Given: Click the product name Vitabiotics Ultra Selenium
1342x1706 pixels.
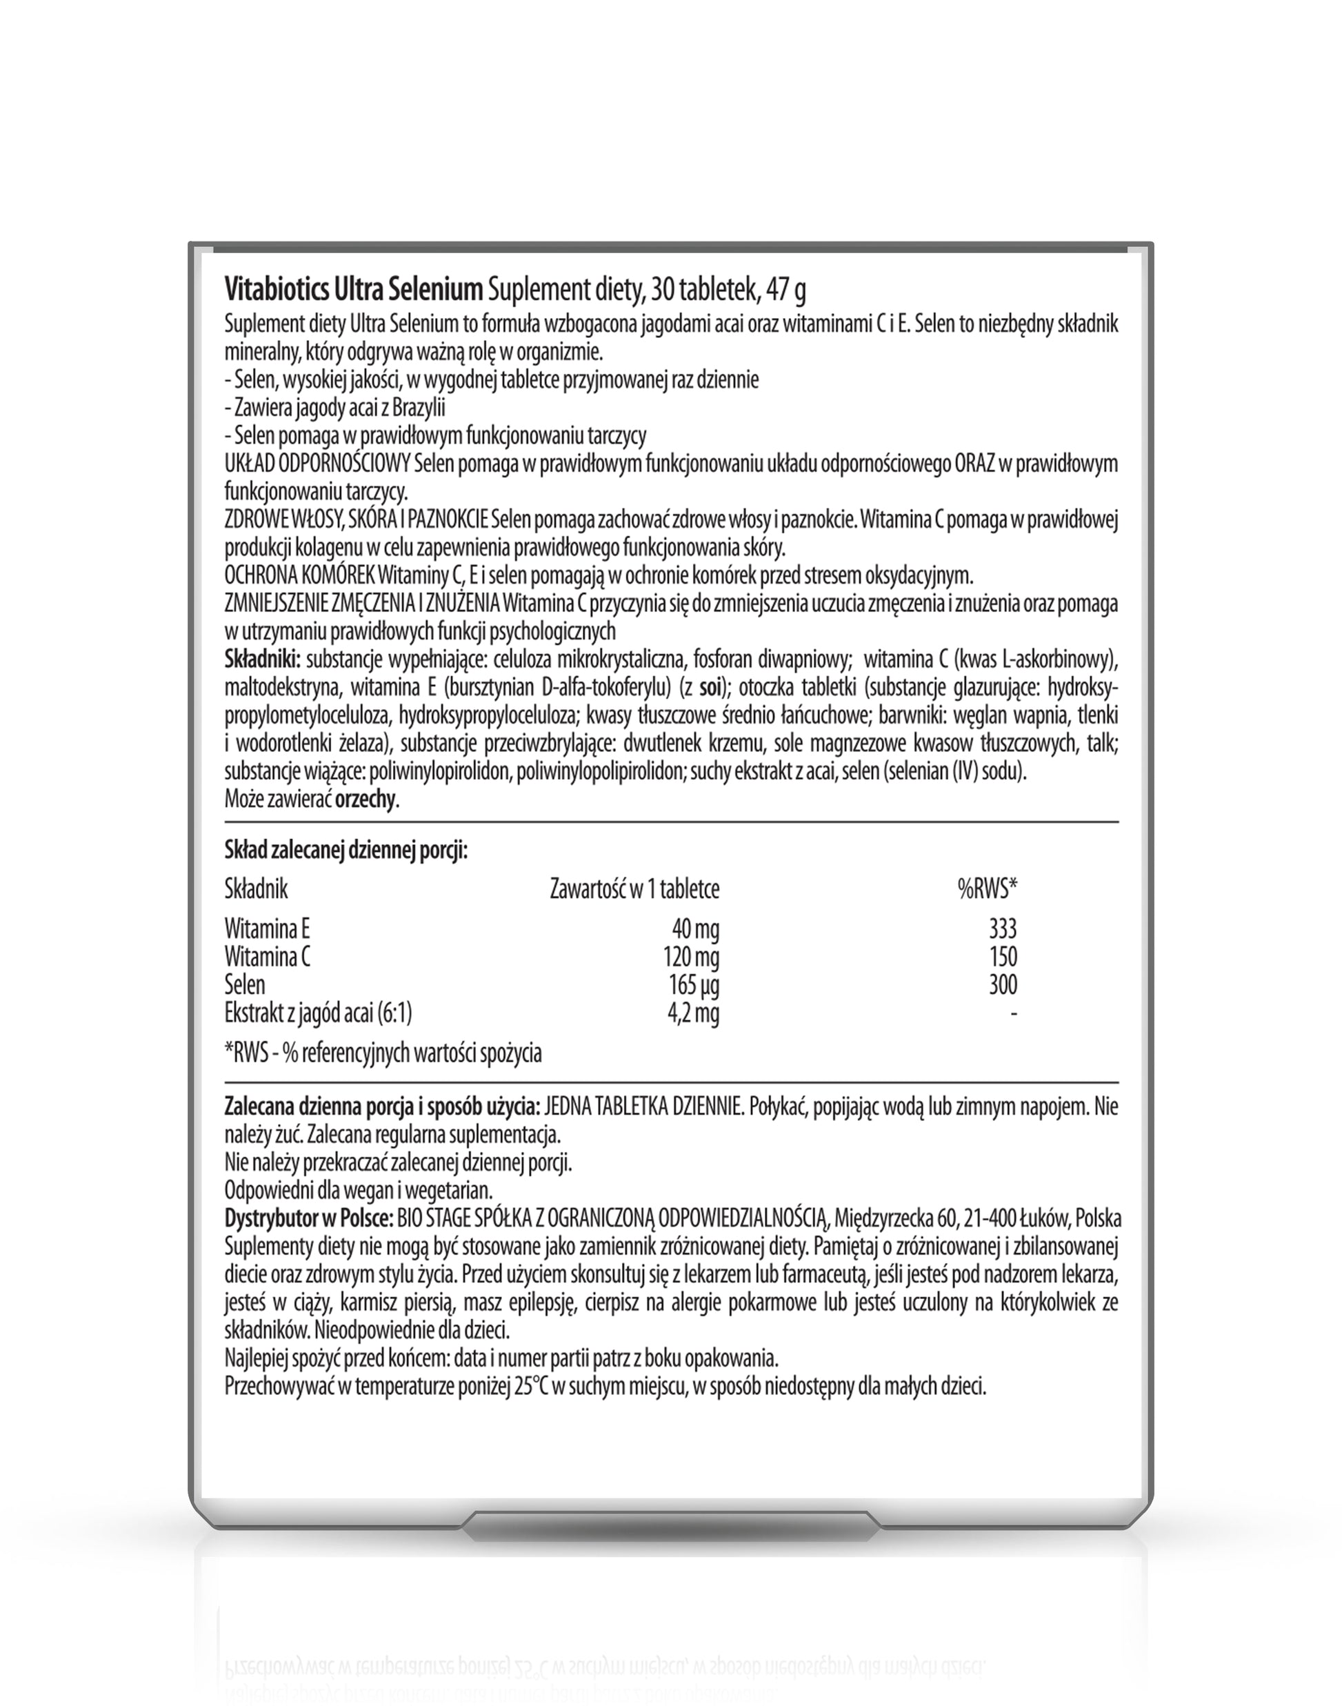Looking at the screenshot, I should [353, 290].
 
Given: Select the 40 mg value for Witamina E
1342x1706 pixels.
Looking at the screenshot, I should [694, 930].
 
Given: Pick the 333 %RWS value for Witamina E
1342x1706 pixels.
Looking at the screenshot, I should [1003, 930].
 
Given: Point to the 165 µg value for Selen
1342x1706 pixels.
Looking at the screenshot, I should [692, 985].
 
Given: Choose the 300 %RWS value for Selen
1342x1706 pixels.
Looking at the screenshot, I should [1003, 985].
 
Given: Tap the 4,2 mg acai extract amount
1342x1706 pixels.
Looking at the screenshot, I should [692, 1013].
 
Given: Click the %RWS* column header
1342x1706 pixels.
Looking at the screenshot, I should [987, 889].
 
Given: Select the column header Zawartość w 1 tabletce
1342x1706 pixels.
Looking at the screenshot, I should [634, 889].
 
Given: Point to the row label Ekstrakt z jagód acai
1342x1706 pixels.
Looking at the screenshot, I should [317, 1013].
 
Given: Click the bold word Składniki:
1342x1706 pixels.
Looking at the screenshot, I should [263, 659].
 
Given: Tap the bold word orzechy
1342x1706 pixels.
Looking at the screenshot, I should [365, 800].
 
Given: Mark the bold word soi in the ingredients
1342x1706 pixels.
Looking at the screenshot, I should [710, 688].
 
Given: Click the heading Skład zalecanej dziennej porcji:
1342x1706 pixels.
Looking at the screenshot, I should [345, 851].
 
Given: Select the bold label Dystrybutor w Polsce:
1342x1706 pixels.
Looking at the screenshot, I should [309, 1219].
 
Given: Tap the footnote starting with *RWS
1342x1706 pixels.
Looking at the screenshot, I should [383, 1054].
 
